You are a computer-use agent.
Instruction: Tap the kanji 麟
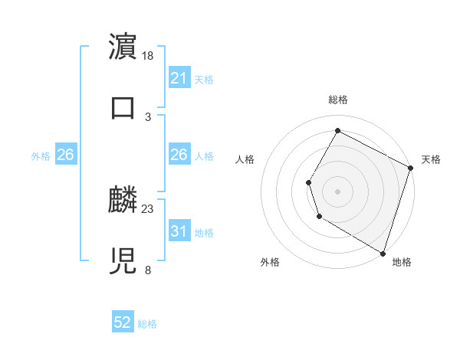click(x=123, y=200)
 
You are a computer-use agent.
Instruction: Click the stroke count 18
click(x=149, y=56)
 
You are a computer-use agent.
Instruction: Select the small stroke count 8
click(x=148, y=270)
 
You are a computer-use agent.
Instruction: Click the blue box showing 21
click(x=179, y=78)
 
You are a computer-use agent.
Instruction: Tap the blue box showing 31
click(x=179, y=231)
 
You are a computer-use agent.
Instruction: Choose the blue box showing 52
click(x=123, y=322)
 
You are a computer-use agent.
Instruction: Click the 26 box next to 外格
click(x=65, y=155)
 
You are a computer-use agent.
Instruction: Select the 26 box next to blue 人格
click(x=179, y=155)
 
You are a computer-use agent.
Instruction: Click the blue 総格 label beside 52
click(x=147, y=324)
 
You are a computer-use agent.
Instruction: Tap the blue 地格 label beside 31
click(x=204, y=232)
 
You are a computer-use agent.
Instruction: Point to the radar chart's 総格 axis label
click(x=337, y=100)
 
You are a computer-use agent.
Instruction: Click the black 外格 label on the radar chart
click(x=270, y=262)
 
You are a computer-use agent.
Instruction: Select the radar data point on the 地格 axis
click(x=383, y=252)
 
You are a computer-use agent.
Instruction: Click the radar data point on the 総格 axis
click(x=337, y=130)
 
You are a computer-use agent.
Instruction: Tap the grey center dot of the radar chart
click(x=337, y=191)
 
